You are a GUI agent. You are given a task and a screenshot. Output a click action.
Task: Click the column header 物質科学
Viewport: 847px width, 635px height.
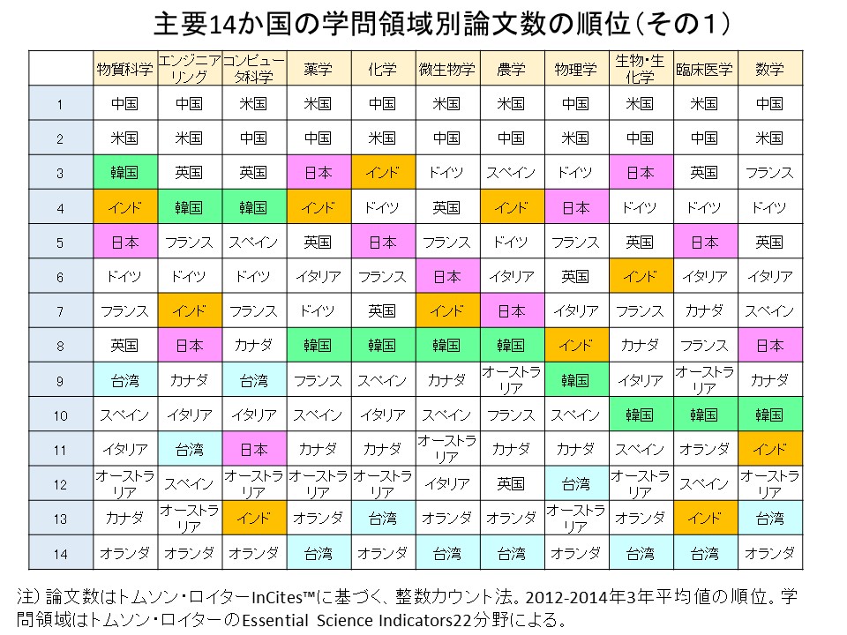pos(124,69)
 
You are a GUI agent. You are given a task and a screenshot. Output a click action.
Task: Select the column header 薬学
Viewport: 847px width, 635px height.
pos(318,69)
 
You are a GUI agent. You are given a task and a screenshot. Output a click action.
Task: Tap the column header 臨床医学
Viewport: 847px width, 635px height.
pos(704,69)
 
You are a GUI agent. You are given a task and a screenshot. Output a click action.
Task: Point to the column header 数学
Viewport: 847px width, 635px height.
pos(769,69)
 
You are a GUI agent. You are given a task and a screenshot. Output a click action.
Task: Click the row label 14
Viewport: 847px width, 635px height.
pos(60,553)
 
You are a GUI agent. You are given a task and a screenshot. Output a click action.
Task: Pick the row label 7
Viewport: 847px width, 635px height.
pos(60,311)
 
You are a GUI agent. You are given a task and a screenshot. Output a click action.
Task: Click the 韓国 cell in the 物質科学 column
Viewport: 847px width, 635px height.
pos(124,173)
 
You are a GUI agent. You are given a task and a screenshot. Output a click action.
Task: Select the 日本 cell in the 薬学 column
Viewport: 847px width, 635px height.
pos(318,173)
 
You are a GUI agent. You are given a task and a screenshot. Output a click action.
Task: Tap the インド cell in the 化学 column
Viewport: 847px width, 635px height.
pos(382,173)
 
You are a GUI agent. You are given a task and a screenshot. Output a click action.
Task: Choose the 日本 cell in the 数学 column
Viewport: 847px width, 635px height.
pos(769,346)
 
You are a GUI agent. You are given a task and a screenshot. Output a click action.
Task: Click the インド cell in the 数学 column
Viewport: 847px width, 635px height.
pos(769,449)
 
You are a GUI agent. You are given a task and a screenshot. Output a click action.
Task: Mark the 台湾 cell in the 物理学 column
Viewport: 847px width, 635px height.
pos(575,483)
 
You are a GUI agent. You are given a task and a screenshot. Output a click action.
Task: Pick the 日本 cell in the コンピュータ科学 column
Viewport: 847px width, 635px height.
pos(253,449)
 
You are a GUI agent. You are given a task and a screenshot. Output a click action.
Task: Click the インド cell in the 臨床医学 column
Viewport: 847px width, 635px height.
pos(704,518)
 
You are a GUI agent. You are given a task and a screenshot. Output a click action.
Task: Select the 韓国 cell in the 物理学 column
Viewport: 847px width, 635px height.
pos(575,380)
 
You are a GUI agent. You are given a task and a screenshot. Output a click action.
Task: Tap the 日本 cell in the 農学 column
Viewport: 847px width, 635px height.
pos(511,311)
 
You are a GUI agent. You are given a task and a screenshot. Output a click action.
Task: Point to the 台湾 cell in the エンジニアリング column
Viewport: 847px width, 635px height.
pos(189,449)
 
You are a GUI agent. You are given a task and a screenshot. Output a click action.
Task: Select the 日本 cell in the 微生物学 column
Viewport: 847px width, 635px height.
pos(446,276)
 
